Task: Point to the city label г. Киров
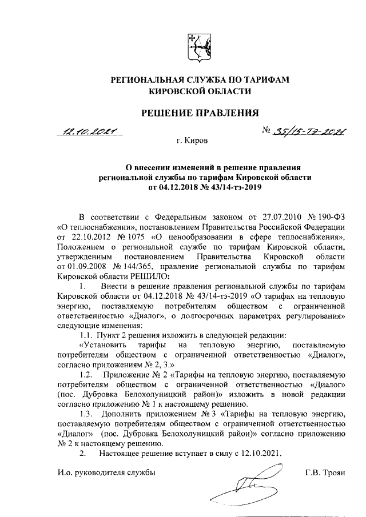click(x=192, y=140)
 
